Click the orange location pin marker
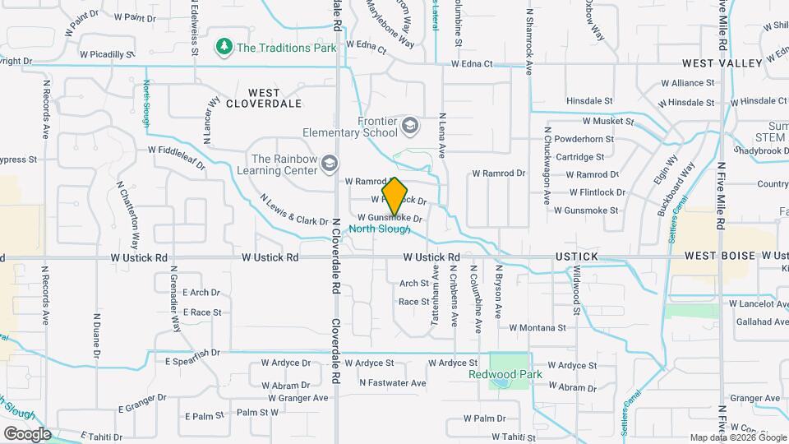pos(395,197)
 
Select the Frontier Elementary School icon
pos(410,126)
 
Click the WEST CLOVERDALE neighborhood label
pos(264,98)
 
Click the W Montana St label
pos(538,327)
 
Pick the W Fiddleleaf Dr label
pos(176,156)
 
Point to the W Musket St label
pos(608,121)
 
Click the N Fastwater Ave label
pos(393,382)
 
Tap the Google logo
pos(26,434)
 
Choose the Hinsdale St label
pos(589,101)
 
